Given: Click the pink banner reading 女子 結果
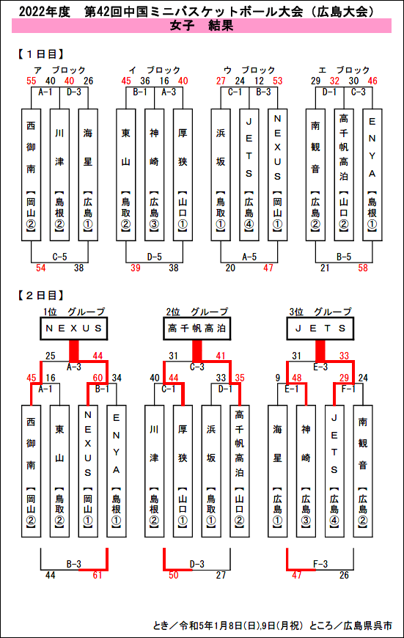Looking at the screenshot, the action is pyautogui.click(x=202, y=26).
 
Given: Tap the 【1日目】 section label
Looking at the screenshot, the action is pyautogui.click(x=40, y=54).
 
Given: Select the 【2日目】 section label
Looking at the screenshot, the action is pyautogui.click(x=40, y=295).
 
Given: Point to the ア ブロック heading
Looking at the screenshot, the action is pyautogui.click(x=60, y=70).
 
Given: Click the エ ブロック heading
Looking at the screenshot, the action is pyautogui.click(x=344, y=70).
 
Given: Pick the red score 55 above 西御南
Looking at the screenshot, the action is pyautogui.click(x=32, y=81).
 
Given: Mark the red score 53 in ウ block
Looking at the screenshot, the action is pyautogui.click(x=277, y=81).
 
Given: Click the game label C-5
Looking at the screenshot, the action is pyautogui.click(x=60, y=257).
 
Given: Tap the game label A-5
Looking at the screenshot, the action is pyautogui.click(x=249, y=257).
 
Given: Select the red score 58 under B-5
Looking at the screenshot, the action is pyautogui.click(x=363, y=268).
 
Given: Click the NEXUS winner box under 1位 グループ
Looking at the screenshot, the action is pyautogui.click(x=73, y=329).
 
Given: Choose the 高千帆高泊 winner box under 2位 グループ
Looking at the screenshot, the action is pyautogui.click(x=197, y=329).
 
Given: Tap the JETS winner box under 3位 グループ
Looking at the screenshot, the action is pyautogui.click(x=320, y=329).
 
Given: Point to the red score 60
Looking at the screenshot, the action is pyautogui.click(x=98, y=378).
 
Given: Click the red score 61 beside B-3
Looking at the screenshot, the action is pyautogui.click(x=98, y=575).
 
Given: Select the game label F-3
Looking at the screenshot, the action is pyautogui.click(x=320, y=564).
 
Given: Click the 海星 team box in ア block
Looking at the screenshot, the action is pyautogui.click(x=88, y=175).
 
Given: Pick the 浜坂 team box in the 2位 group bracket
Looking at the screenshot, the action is pyautogui.click(x=211, y=472).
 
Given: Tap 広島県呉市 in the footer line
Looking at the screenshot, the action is pyautogui.click(x=368, y=625).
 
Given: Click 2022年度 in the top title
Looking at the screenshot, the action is pyautogui.click(x=45, y=12).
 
